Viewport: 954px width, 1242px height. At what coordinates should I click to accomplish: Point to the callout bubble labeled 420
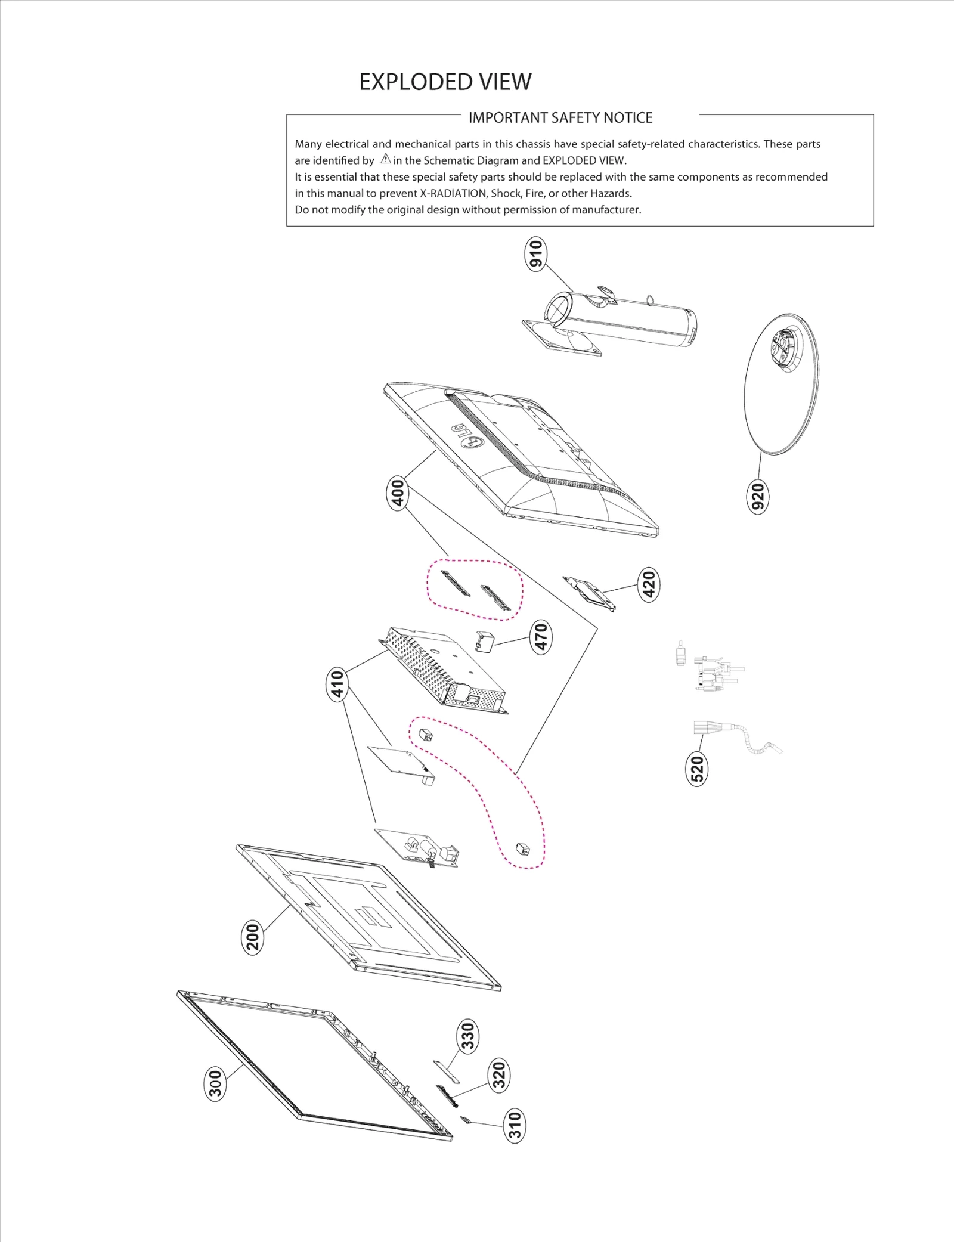pyautogui.click(x=649, y=584)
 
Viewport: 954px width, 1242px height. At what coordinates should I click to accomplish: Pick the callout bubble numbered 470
pyautogui.click(x=541, y=636)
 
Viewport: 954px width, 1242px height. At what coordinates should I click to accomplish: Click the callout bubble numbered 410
pyautogui.click(x=337, y=685)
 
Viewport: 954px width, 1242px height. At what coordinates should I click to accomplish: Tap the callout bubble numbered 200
pyautogui.click(x=253, y=937)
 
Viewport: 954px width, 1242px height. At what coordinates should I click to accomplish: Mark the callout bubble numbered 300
pyautogui.click(x=215, y=1083)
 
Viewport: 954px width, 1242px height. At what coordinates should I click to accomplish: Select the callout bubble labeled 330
pyautogui.click(x=468, y=1036)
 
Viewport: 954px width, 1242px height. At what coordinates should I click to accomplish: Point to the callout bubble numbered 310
pyautogui.click(x=515, y=1125)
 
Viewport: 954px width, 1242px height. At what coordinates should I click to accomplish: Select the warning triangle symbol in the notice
pyautogui.click(x=386, y=159)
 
